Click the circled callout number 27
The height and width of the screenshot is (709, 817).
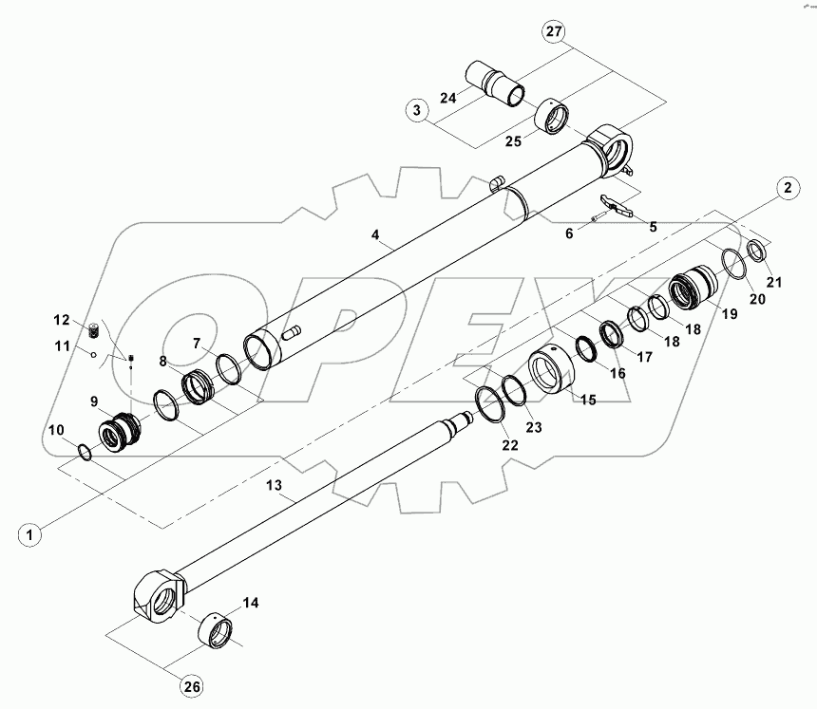553,31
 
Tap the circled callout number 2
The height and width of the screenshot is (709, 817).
786,187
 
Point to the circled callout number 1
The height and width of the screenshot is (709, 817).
31,534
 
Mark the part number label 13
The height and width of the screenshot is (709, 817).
274,485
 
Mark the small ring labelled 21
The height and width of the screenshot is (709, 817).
755,251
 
